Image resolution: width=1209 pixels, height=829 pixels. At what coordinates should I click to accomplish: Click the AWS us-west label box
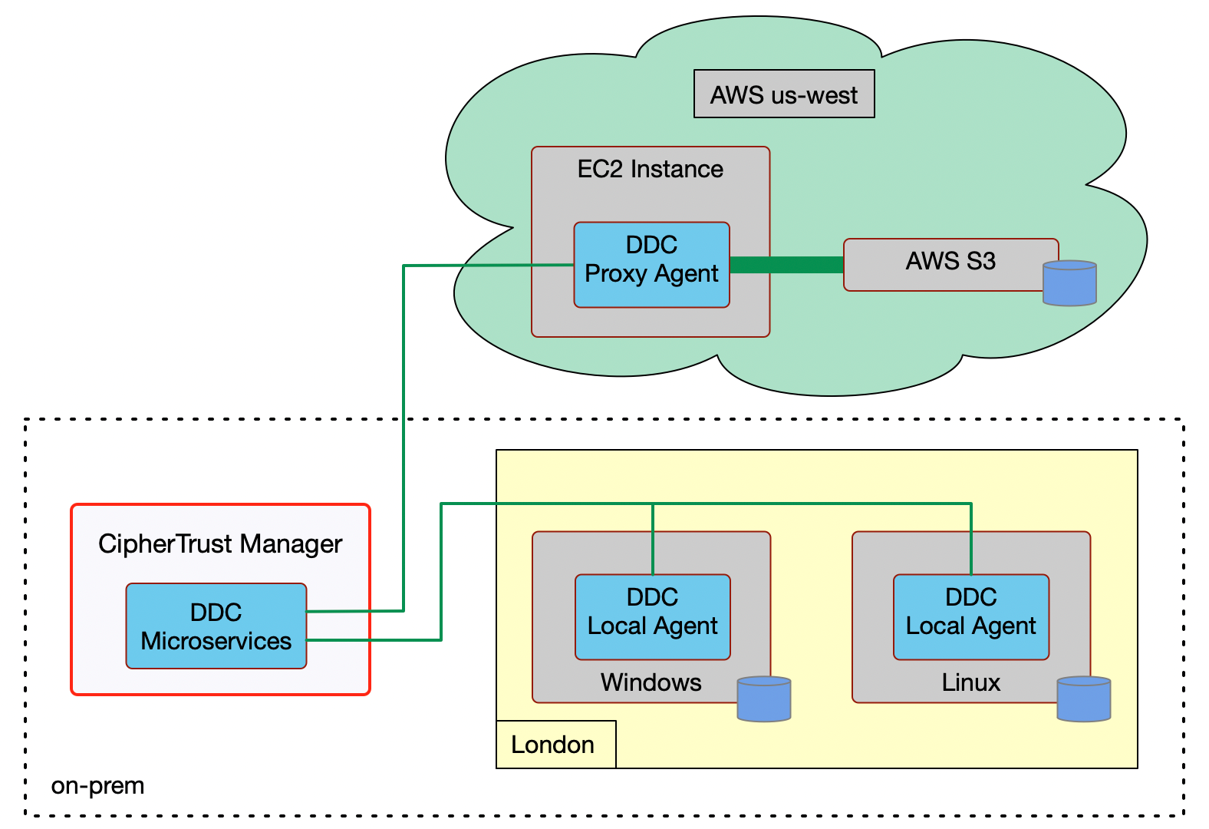[x=783, y=94]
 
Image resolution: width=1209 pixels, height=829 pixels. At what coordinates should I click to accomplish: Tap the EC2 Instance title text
[x=650, y=169]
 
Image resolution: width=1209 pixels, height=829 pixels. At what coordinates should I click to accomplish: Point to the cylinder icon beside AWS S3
[x=1069, y=284]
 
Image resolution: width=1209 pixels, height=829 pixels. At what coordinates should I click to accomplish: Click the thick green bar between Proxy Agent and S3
[x=786, y=265]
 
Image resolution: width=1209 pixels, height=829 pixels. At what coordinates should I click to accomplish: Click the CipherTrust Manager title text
[x=220, y=543]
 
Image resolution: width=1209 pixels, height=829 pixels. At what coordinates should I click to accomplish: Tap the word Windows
[x=651, y=682]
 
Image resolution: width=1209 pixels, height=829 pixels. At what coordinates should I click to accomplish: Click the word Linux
[x=970, y=682]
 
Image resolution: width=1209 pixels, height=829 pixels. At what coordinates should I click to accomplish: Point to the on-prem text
[x=97, y=786]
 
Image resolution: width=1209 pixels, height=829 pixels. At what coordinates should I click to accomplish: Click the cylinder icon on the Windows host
[x=763, y=699]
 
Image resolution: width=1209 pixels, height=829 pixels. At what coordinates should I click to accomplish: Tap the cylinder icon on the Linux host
[x=1083, y=699]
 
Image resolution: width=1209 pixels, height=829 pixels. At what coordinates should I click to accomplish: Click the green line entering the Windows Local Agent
[x=653, y=541]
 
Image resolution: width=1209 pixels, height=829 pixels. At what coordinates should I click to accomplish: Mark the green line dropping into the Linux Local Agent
[x=971, y=541]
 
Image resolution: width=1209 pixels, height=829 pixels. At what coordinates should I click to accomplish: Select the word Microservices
[x=216, y=641]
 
